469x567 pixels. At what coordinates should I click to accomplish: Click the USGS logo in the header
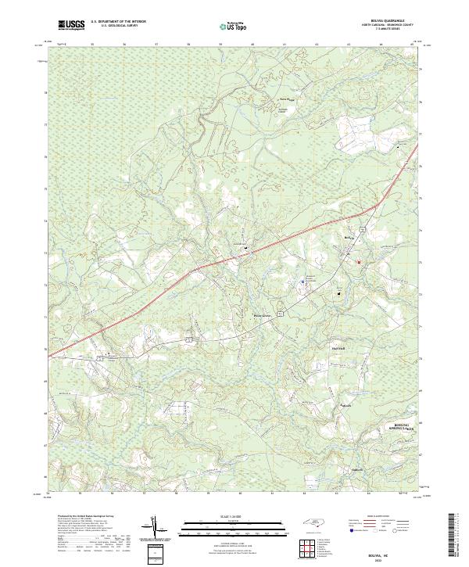coord(72,25)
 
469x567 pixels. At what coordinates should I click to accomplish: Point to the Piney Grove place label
coord(263,316)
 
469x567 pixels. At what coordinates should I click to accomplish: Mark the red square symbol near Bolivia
coord(359,262)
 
